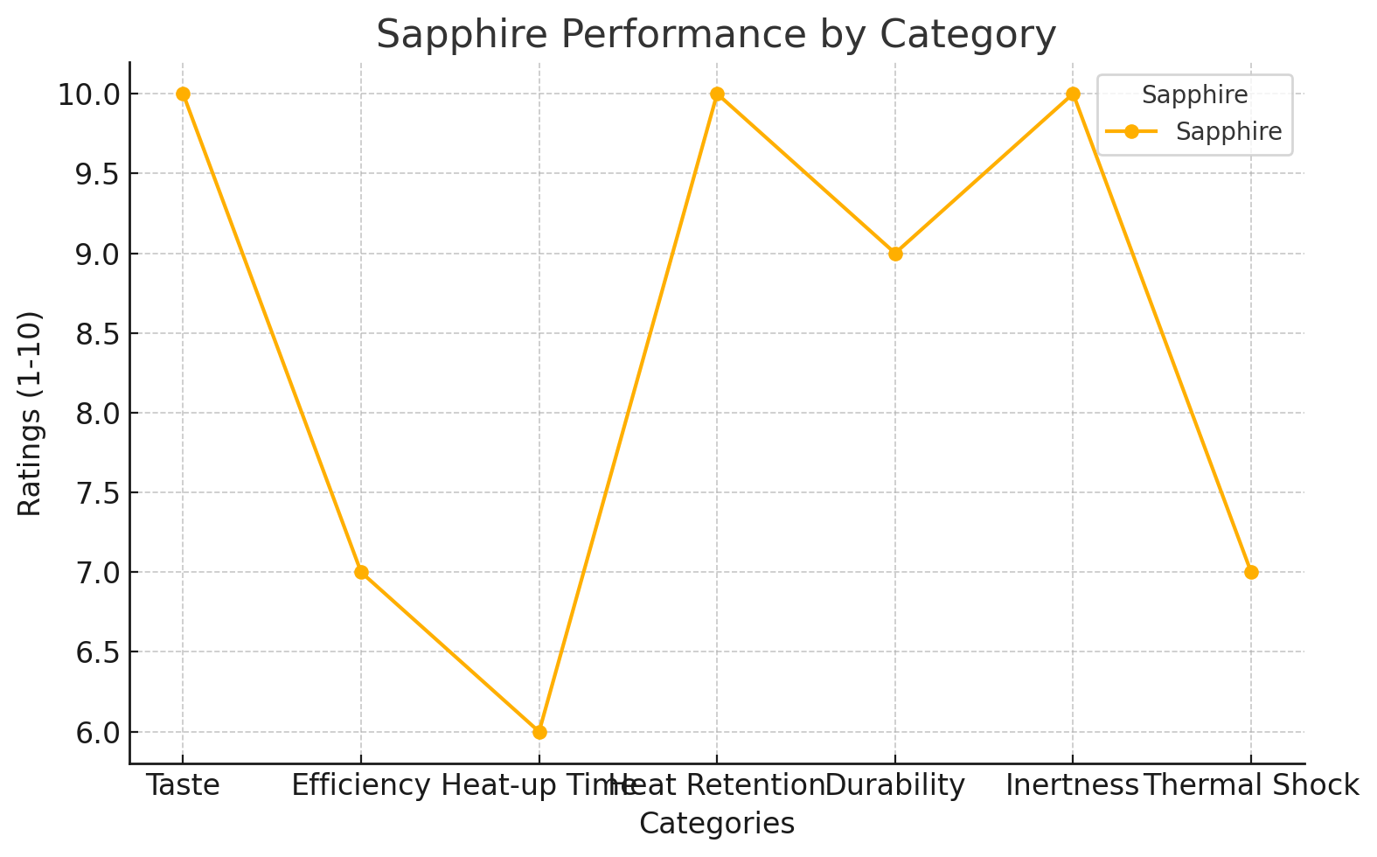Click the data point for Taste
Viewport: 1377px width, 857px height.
(183, 94)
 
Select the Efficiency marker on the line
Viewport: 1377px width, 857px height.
(361, 572)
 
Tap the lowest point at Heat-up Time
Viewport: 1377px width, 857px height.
(539, 732)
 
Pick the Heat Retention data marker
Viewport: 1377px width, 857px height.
(717, 94)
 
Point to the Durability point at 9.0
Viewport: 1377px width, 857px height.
(895, 254)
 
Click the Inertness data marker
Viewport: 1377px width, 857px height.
(1073, 94)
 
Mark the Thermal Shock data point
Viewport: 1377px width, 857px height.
(1251, 572)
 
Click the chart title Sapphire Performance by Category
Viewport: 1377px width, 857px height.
(716, 35)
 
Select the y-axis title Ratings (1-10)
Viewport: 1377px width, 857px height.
(30, 413)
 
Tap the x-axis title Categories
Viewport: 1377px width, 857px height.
(717, 824)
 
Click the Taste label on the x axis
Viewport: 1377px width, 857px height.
(183, 785)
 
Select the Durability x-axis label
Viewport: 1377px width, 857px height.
(895, 785)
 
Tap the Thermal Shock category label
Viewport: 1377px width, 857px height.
(1251, 785)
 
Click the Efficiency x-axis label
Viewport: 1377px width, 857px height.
(361, 785)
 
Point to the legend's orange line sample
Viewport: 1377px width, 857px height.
(1131, 131)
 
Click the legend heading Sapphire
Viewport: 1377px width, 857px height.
(1195, 94)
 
